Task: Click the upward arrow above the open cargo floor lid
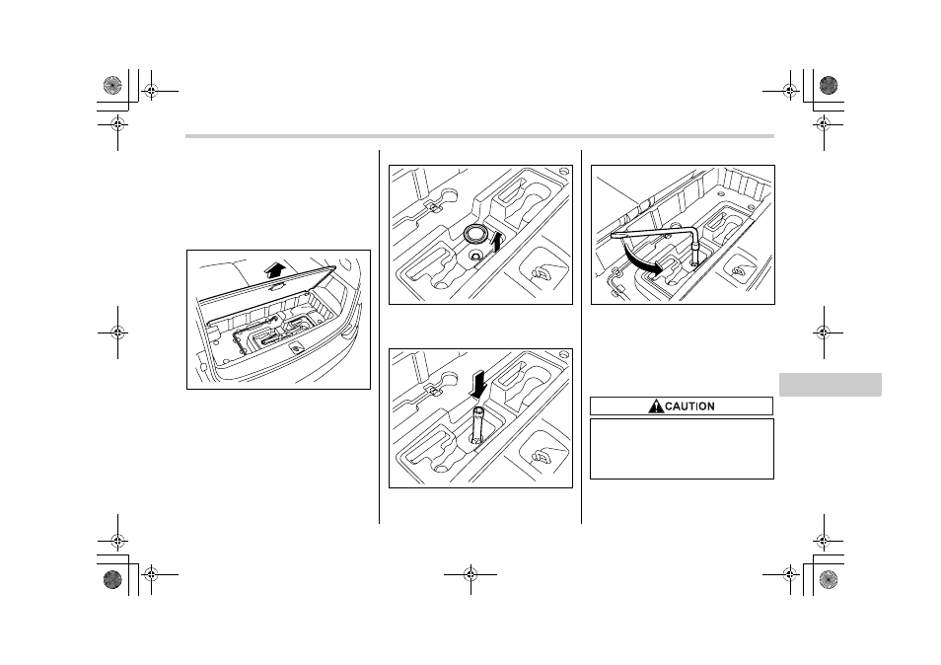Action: point(279,268)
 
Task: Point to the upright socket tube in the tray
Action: point(477,426)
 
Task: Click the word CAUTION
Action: point(689,406)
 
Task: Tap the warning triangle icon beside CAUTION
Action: point(656,406)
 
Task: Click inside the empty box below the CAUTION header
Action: point(682,449)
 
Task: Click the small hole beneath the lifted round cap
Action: point(475,257)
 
